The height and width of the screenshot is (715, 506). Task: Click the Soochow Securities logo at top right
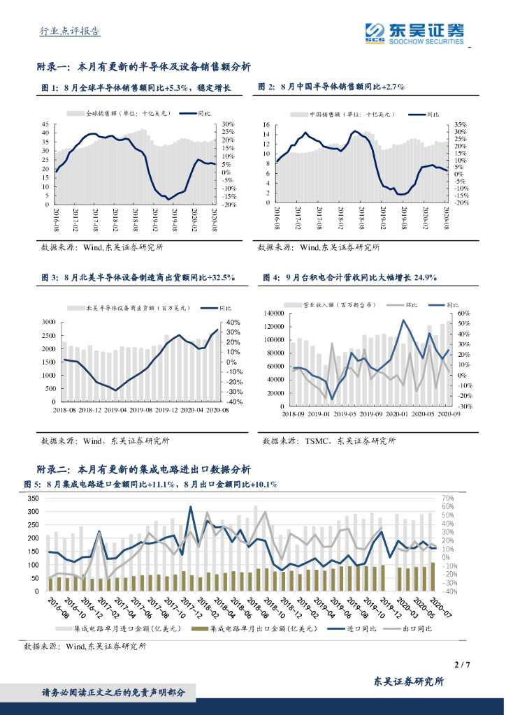[x=414, y=33]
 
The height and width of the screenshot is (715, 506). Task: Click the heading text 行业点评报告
[x=68, y=31]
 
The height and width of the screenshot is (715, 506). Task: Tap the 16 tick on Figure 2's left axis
[x=266, y=125]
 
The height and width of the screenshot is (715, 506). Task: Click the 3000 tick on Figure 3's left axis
[x=49, y=322]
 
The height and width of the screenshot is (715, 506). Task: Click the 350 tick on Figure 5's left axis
[x=32, y=499]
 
